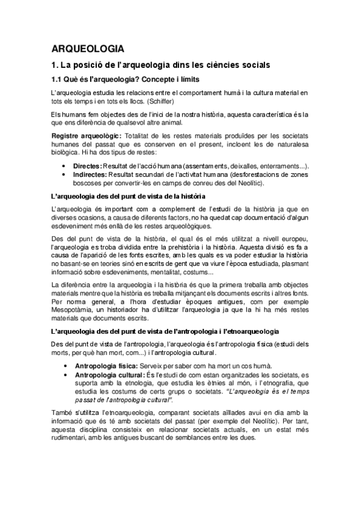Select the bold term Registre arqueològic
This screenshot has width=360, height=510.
tap(87, 137)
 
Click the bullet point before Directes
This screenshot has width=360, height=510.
tap(64, 165)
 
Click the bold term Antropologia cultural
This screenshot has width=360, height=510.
tap(108, 373)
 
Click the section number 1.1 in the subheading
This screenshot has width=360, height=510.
tap(58, 79)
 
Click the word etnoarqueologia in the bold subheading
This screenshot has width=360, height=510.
tap(276, 331)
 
